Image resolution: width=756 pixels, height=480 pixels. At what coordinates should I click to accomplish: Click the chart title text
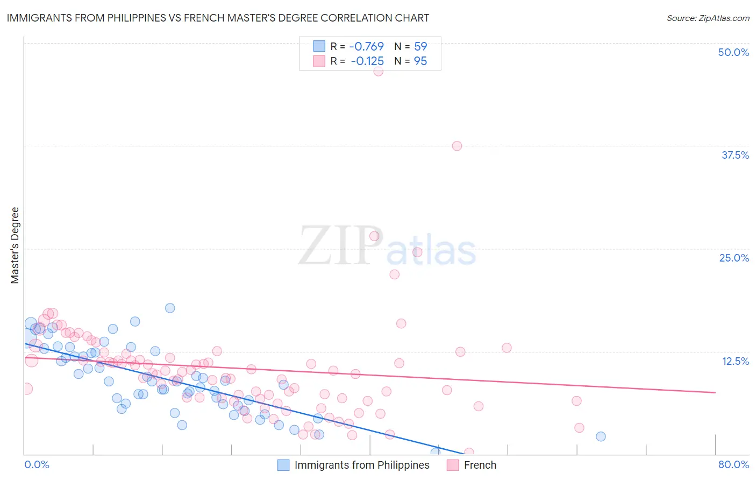click(218, 18)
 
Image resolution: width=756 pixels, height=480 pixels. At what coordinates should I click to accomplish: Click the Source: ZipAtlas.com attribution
click(708, 18)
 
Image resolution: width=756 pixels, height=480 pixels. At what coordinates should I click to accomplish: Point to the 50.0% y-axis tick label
click(733, 52)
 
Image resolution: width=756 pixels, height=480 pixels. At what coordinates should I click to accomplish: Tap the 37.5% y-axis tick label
click(735, 155)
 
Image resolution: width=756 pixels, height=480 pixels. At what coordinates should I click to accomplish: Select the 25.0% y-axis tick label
click(734, 258)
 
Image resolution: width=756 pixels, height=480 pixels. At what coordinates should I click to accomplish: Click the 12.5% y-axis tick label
click(735, 361)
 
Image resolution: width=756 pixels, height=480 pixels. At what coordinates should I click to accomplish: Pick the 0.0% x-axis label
click(37, 464)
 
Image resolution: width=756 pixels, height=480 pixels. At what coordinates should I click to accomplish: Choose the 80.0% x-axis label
click(733, 464)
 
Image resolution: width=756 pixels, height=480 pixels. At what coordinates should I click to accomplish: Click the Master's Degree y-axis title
click(15, 245)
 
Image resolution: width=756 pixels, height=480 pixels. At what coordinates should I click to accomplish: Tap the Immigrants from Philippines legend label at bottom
click(362, 465)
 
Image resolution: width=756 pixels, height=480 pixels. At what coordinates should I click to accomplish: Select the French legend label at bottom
click(480, 465)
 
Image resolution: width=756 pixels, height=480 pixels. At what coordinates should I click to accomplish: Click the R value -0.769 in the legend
click(366, 47)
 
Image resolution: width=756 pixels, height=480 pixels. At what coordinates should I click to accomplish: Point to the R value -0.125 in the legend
click(367, 61)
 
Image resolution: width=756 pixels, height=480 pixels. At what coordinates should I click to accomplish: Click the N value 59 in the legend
click(420, 47)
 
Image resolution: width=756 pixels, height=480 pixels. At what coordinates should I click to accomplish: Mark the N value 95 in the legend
click(420, 61)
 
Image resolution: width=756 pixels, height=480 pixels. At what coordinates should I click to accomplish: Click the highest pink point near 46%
click(378, 71)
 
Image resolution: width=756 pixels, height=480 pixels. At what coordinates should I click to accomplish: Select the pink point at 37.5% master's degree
click(457, 146)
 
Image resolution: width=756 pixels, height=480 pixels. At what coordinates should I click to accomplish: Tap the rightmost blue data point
click(601, 436)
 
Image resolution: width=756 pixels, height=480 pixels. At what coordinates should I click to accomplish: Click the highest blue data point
click(170, 308)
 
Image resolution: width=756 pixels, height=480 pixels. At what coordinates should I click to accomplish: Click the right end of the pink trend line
click(715, 392)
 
